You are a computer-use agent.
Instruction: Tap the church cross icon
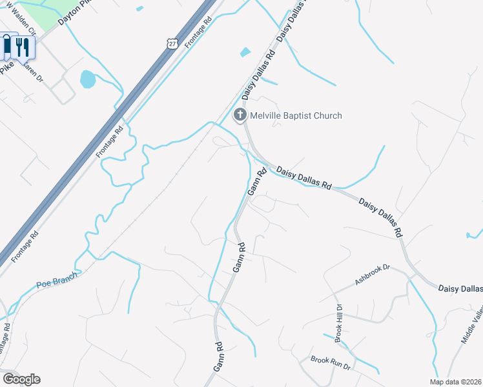point(240,115)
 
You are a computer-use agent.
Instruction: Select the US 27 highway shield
point(171,43)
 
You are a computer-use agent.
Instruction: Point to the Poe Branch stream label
point(57,279)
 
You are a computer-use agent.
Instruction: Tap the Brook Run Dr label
point(330,363)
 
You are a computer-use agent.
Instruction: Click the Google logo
point(21,379)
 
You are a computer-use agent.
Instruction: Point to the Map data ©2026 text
point(455,382)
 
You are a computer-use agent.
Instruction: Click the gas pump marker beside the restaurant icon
point(8,45)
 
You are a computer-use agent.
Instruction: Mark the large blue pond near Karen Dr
point(87,79)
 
